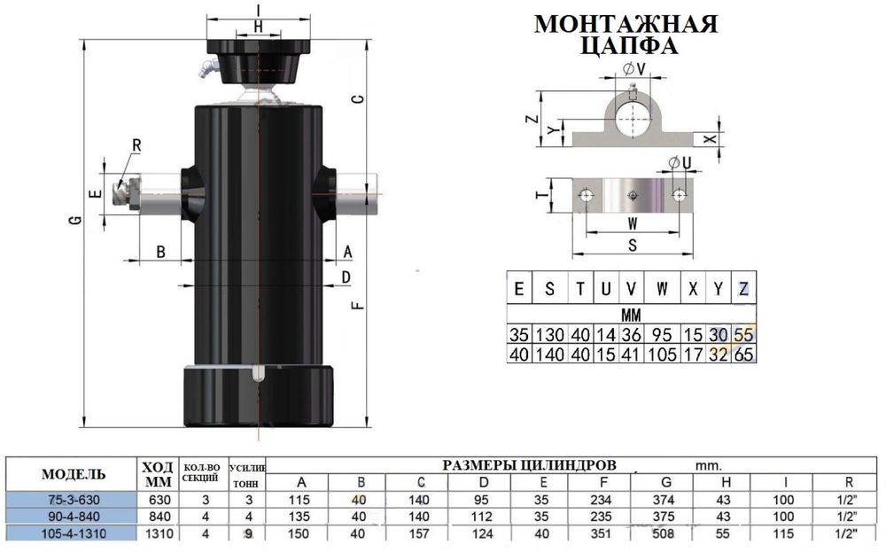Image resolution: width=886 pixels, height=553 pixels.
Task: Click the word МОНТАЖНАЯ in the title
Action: (626, 24)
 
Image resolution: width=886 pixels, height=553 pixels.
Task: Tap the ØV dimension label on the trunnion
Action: (634, 69)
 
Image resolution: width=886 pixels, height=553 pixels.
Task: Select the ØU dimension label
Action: (680, 163)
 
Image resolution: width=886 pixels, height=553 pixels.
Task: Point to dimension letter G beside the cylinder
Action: (75, 220)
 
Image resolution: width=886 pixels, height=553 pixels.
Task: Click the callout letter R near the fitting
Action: (136, 145)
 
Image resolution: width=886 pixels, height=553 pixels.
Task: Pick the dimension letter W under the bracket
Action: (633, 224)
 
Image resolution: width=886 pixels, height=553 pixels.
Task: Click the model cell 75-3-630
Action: (74, 500)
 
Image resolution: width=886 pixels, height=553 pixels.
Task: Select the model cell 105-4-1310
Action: (74, 534)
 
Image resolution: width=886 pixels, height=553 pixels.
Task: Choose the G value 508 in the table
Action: (664, 534)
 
